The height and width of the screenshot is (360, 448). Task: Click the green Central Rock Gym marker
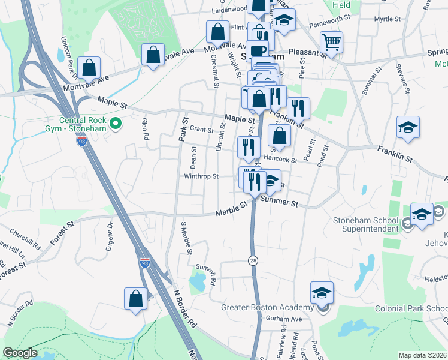tap(117, 124)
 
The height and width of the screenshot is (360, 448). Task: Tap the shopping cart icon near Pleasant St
tap(331, 43)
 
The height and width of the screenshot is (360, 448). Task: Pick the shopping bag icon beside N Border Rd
tap(136, 298)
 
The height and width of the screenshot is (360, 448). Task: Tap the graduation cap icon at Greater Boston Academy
tap(322, 292)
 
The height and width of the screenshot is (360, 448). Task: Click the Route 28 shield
tap(253, 259)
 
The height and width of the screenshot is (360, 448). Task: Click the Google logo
tap(20, 353)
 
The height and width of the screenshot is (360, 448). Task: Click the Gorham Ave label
tap(284, 319)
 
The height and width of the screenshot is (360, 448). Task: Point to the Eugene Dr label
tap(111, 233)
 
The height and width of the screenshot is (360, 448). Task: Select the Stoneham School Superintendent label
tap(366, 224)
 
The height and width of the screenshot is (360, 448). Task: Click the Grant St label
tap(202, 130)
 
